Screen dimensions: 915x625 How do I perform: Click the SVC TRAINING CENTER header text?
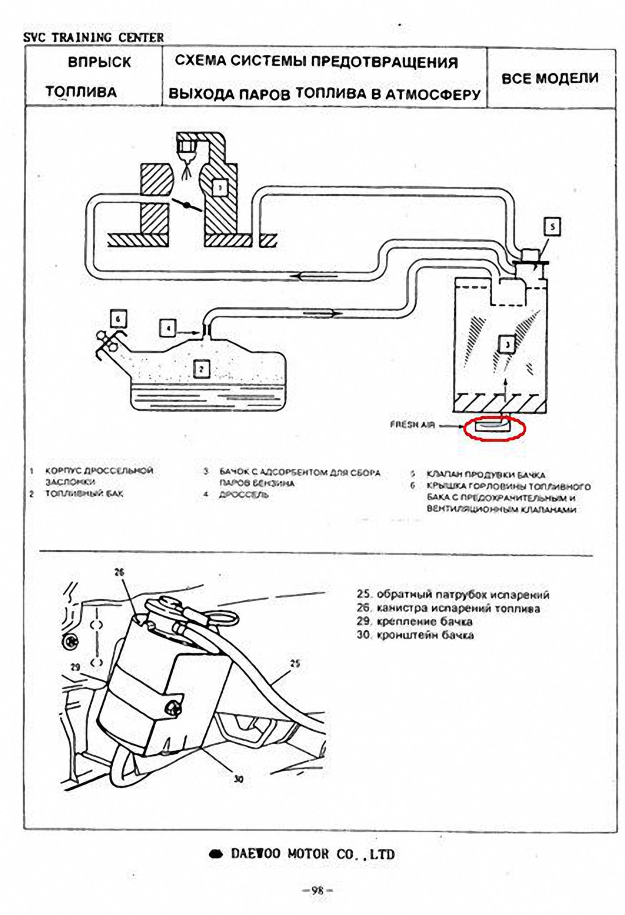coord(94,38)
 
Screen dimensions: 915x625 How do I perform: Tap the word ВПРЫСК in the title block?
coord(99,63)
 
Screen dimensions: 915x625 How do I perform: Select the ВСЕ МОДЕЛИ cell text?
coord(550,79)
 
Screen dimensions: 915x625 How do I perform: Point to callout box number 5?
coord(552,227)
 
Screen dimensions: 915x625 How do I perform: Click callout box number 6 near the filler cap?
coord(118,319)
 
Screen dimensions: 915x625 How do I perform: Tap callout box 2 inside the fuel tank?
coord(201,369)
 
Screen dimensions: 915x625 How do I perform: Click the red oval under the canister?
coord(495,428)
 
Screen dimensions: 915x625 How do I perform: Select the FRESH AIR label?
coord(412,425)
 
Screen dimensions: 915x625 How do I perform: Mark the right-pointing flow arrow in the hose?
coord(320,313)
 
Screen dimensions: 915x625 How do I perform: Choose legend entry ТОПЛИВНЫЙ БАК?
coord(84,494)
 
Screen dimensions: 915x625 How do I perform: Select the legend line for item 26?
coord(448,608)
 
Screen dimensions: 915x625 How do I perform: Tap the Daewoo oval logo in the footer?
coord(216,854)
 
